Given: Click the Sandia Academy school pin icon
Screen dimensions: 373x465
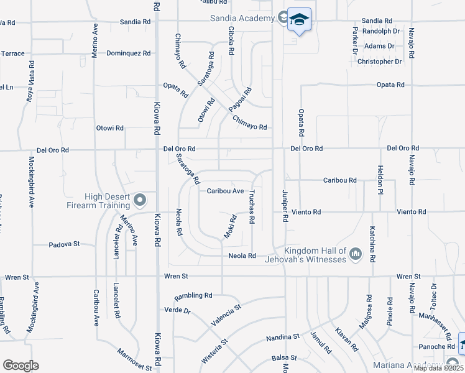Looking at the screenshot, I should pyautogui.click(x=299, y=21).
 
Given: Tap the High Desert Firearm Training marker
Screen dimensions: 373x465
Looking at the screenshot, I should pyautogui.click(x=140, y=200).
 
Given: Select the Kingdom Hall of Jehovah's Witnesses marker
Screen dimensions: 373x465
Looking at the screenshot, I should pyautogui.click(x=356, y=253).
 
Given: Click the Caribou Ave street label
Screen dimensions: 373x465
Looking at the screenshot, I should pyautogui.click(x=225, y=191).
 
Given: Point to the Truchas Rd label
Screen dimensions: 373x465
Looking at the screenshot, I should pyautogui.click(x=253, y=207).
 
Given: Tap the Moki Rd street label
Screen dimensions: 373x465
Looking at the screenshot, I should pyautogui.click(x=230, y=227).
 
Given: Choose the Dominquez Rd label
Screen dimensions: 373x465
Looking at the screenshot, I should pyautogui.click(x=129, y=53).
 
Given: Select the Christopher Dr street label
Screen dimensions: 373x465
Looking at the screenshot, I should pyautogui.click(x=384, y=62).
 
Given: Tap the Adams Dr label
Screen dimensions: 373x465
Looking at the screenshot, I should pyautogui.click(x=380, y=46).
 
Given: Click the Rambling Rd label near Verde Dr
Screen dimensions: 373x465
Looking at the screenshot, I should pyautogui.click(x=193, y=295).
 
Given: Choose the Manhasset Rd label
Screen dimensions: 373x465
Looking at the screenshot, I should pyautogui.click(x=443, y=324).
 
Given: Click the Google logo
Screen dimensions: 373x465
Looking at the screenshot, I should pyautogui.click(x=21, y=366).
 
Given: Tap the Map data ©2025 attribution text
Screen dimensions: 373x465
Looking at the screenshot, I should pyautogui.click(x=438, y=368).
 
